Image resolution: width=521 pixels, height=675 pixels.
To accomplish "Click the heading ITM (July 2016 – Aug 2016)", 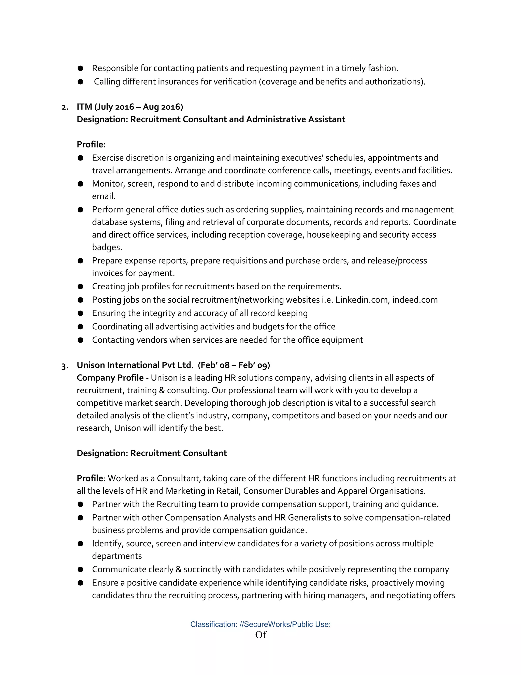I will pyautogui.click(x=130, y=107).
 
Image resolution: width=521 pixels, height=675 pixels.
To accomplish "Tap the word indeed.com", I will pyautogui.click(x=415, y=300).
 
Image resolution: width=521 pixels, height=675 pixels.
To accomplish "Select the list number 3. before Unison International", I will pyautogui.click(x=65, y=366).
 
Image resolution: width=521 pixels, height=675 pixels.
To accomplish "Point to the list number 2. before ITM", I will pyautogui.click(x=65, y=107).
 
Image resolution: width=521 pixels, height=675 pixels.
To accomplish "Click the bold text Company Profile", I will pyautogui.click(x=110, y=378).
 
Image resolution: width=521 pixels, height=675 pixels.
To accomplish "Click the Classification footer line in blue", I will pyautogui.click(x=260, y=624).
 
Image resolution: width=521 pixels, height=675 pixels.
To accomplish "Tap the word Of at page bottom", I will pyautogui.click(x=260, y=635).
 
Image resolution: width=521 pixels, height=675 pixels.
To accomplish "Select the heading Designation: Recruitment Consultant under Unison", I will pyautogui.click(x=152, y=453).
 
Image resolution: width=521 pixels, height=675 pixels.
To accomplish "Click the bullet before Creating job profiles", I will pyautogui.click(x=81, y=287).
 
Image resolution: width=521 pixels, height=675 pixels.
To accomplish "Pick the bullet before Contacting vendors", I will pyautogui.click(x=81, y=340).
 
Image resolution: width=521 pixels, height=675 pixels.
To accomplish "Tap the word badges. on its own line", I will pyautogui.click(x=107, y=247).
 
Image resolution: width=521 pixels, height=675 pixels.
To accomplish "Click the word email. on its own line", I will pyautogui.click(x=104, y=196).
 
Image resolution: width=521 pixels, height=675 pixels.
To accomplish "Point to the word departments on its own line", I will pyautogui.click(x=117, y=556).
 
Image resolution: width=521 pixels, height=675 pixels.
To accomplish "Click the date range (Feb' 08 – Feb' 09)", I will pyautogui.click(x=234, y=365).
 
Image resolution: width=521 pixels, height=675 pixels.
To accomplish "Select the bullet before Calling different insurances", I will pyautogui.click(x=81, y=82).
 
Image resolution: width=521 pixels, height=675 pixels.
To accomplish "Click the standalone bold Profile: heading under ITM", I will pyautogui.click(x=91, y=144).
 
